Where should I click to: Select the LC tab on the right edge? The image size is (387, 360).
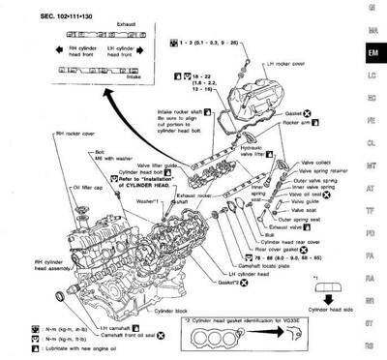(x=372, y=74)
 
